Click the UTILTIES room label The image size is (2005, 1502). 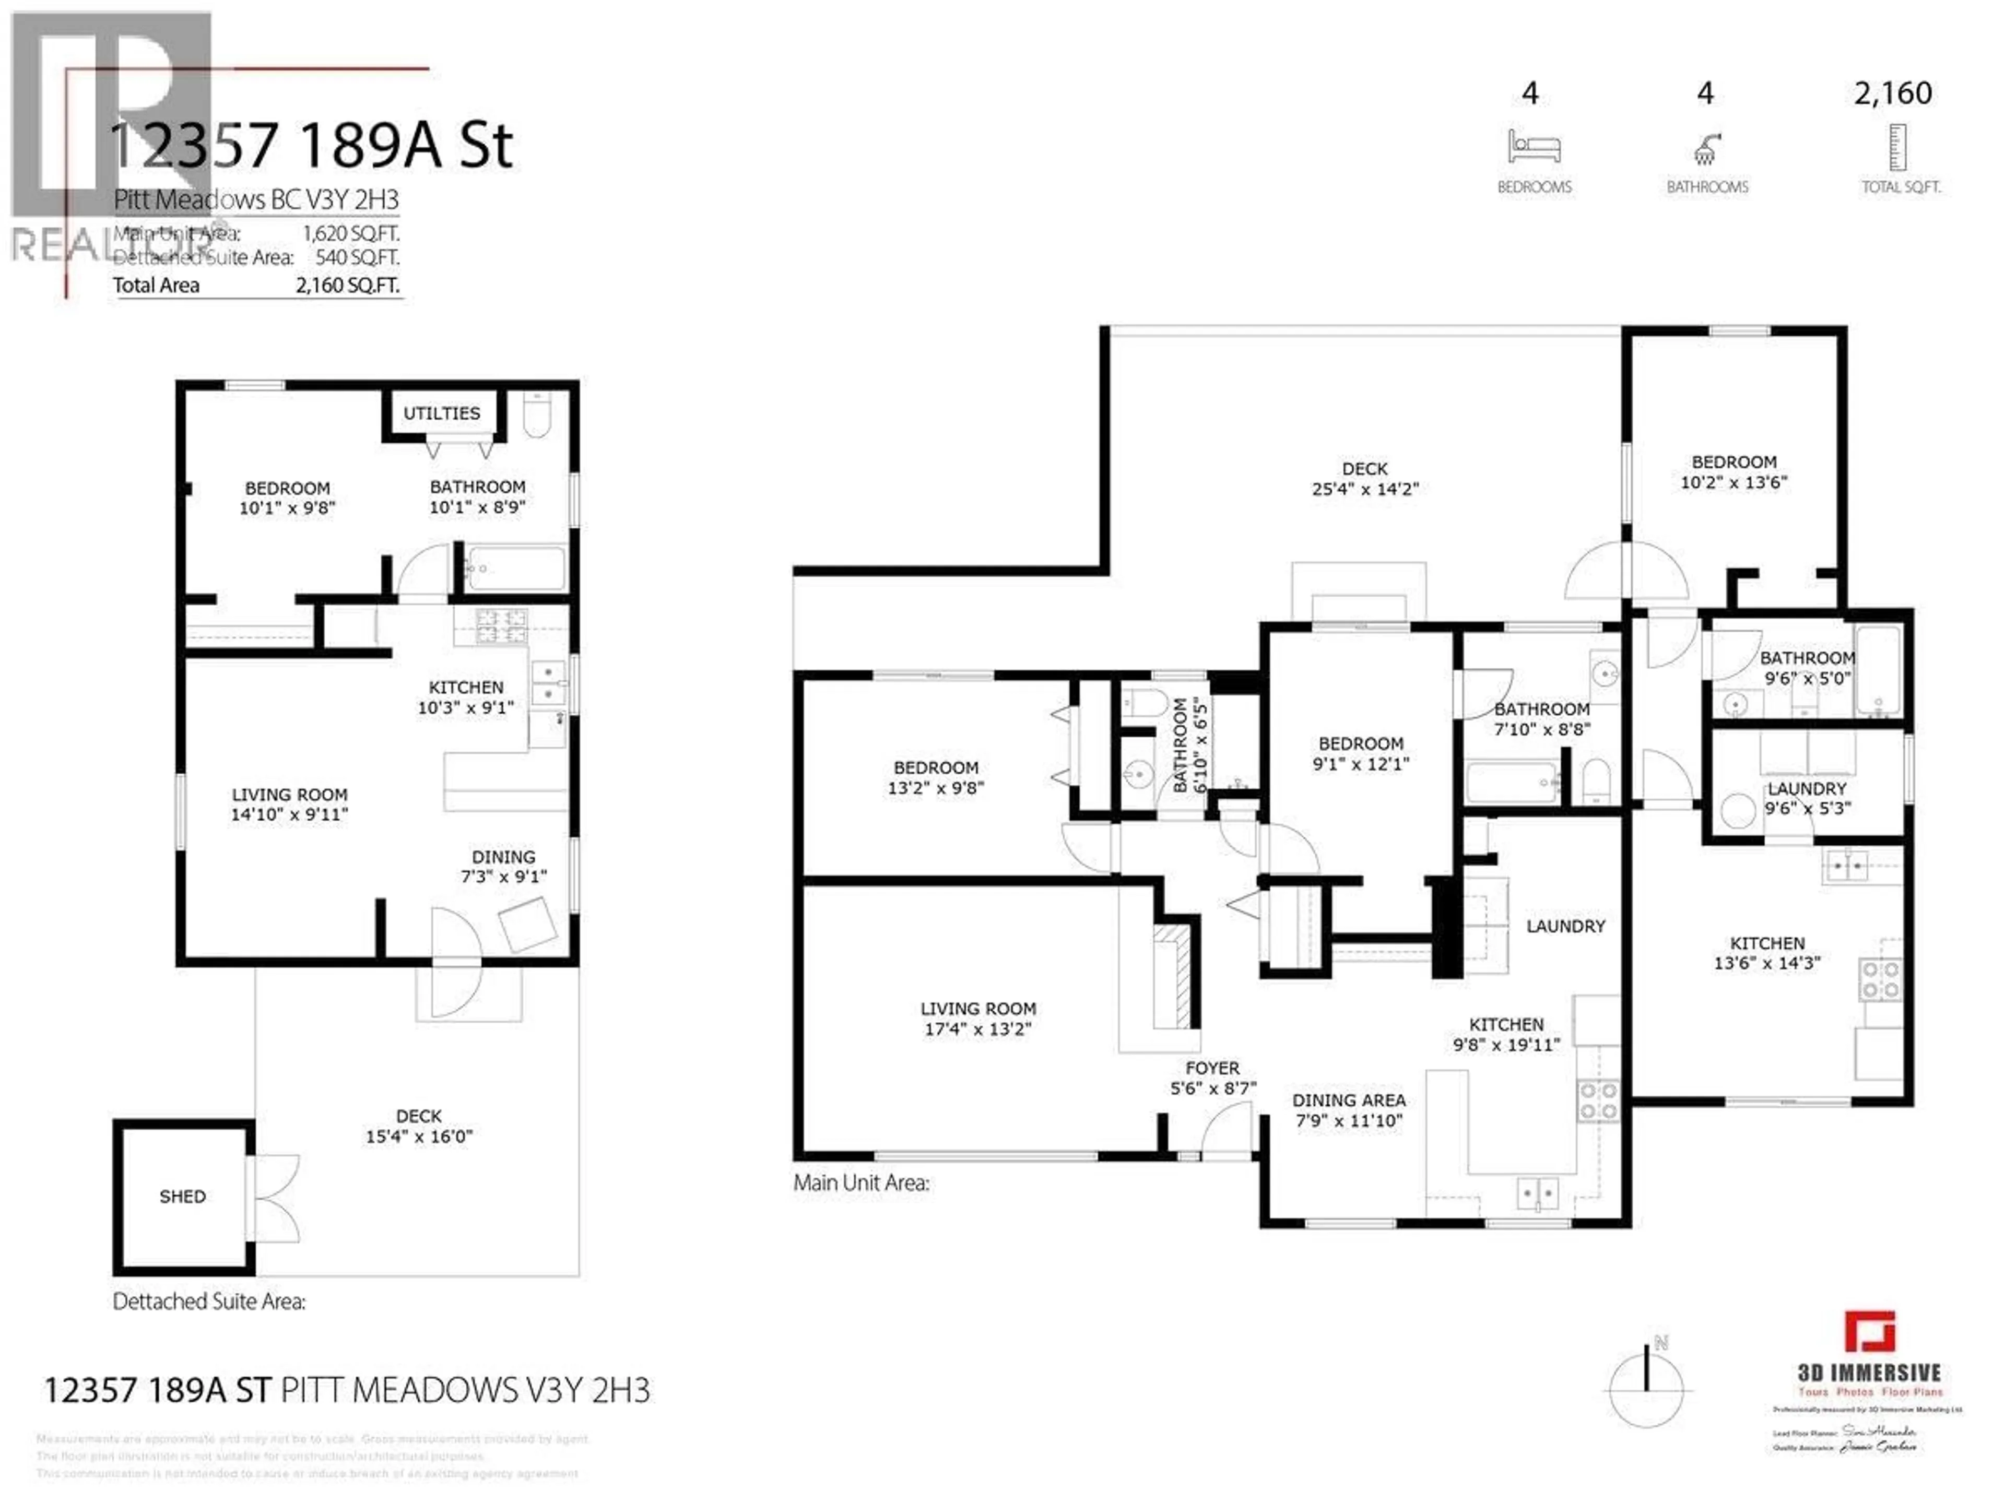(x=441, y=413)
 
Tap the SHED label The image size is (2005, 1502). (x=182, y=1197)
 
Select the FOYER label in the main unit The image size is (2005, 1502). (x=1212, y=1068)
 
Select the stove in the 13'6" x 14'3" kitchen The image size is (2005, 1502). (x=1880, y=980)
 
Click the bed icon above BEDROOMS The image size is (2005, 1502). (x=1534, y=147)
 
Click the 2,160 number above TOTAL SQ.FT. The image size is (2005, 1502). (x=1893, y=93)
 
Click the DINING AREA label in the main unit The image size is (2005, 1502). (x=1349, y=1099)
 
